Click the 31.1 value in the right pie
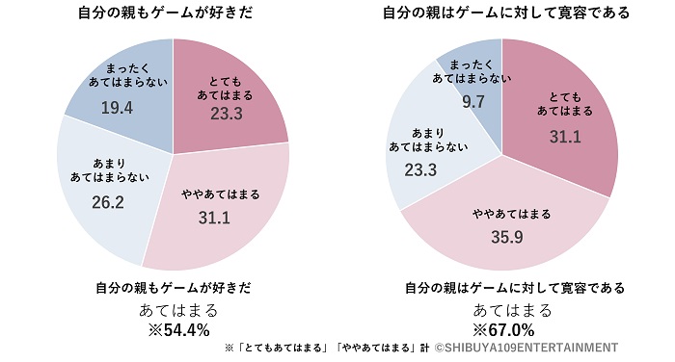click(x=564, y=138)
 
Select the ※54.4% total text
click(x=177, y=329)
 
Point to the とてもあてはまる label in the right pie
click(x=564, y=104)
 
